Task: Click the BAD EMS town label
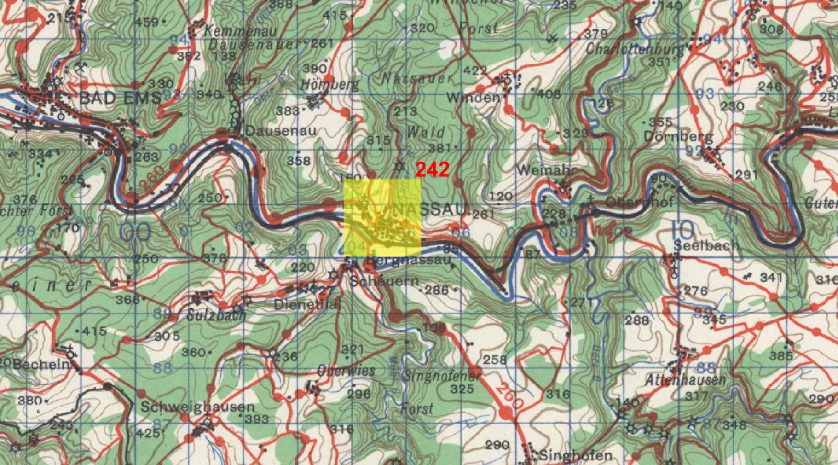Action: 120,98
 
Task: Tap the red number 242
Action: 432,170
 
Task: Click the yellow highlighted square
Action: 382,217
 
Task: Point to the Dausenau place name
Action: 281,131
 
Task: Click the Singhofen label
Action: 575,456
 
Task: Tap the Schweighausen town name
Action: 197,407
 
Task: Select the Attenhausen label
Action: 685,380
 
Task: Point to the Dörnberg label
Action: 678,137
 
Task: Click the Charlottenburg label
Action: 635,49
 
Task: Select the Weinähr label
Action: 546,170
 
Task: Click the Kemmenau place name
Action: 240,31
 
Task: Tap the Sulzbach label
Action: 216,316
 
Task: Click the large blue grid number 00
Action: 135,232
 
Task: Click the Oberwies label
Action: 346,371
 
